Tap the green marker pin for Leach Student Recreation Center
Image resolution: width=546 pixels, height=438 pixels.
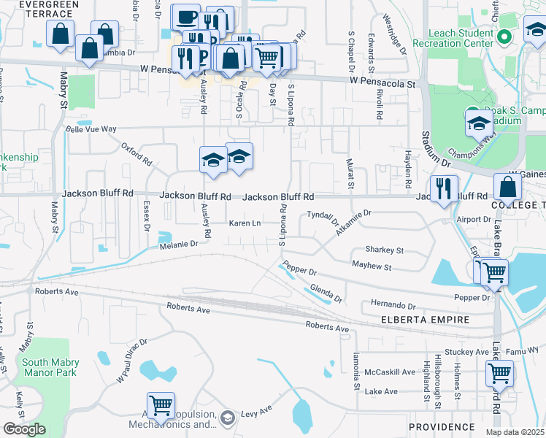pos(503,36)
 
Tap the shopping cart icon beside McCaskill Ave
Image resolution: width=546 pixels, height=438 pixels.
pos(500,373)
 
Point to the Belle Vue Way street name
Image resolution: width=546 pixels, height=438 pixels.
pos(91,129)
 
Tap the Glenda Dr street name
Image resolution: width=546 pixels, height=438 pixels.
pos(326,293)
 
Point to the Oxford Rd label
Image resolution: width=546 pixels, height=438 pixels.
pos(136,154)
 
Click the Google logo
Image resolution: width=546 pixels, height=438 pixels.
pos(24,429)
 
